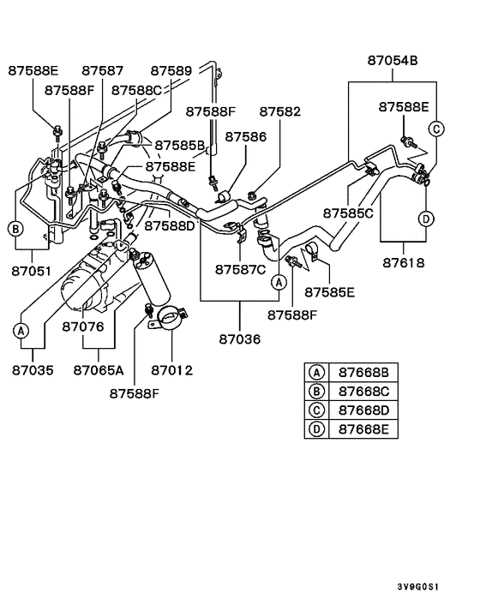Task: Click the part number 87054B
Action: [393, 61]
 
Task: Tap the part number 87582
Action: [280, 112]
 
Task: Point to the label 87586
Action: [245, 136]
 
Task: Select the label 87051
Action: [32, 272]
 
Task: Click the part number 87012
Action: [171, 371]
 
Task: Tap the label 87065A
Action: [99, 371]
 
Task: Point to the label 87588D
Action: [170, 226]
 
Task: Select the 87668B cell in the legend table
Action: [363, 373]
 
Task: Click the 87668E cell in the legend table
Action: [363, 428]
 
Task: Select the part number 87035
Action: [33, 371]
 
